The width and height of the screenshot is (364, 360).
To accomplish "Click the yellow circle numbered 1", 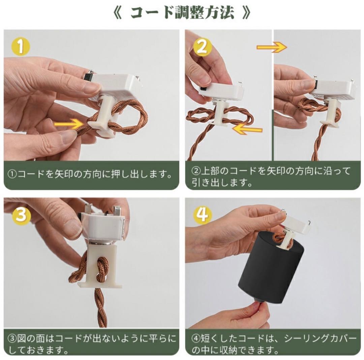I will (x=21, y=47).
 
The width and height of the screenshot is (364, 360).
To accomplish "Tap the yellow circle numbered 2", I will (x=202, y=47).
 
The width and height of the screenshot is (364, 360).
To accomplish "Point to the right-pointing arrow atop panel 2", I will (x=272, y=47).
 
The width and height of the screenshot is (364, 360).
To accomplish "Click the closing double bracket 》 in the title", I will (x=246, y=13).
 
